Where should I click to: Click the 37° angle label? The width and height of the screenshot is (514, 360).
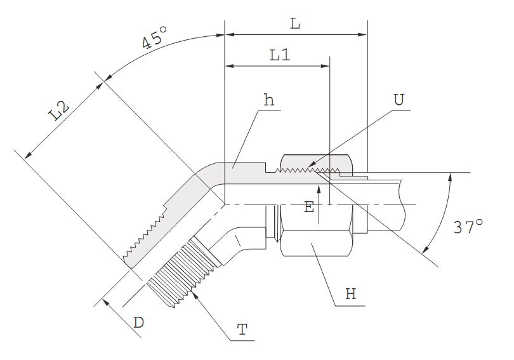tap(468, 227)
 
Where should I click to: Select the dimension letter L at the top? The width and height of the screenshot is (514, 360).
tap(294, 23)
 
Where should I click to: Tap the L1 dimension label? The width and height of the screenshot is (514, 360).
tap(279, 55)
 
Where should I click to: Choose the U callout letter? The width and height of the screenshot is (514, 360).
tap(399, 100)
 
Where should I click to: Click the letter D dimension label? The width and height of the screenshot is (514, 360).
tap(138, 323)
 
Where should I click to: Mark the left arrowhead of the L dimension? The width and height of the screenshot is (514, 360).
tap(228, 34)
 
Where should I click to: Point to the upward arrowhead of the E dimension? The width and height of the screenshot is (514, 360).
tap(319, 185)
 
